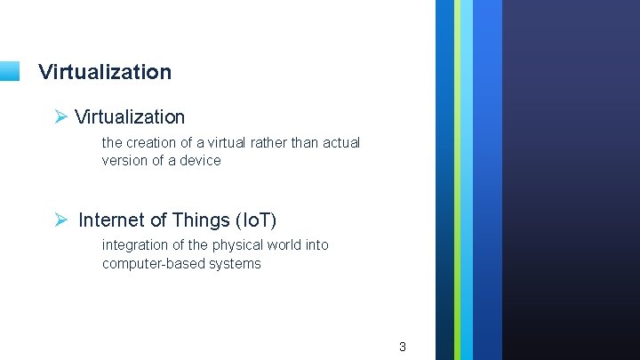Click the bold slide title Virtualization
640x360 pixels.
tap(105, 72)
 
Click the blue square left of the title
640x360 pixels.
tap(9, 71)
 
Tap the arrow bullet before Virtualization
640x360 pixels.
tap(60, 116)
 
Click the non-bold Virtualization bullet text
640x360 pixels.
tap(130, 116)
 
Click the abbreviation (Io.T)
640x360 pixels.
tap(258, 220)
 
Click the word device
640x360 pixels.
tap(200, 161)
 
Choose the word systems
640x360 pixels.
tap(234, 264)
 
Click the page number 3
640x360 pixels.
tap(402, 347)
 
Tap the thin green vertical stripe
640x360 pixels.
tap(458, 178)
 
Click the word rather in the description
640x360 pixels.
tap(275, 143)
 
